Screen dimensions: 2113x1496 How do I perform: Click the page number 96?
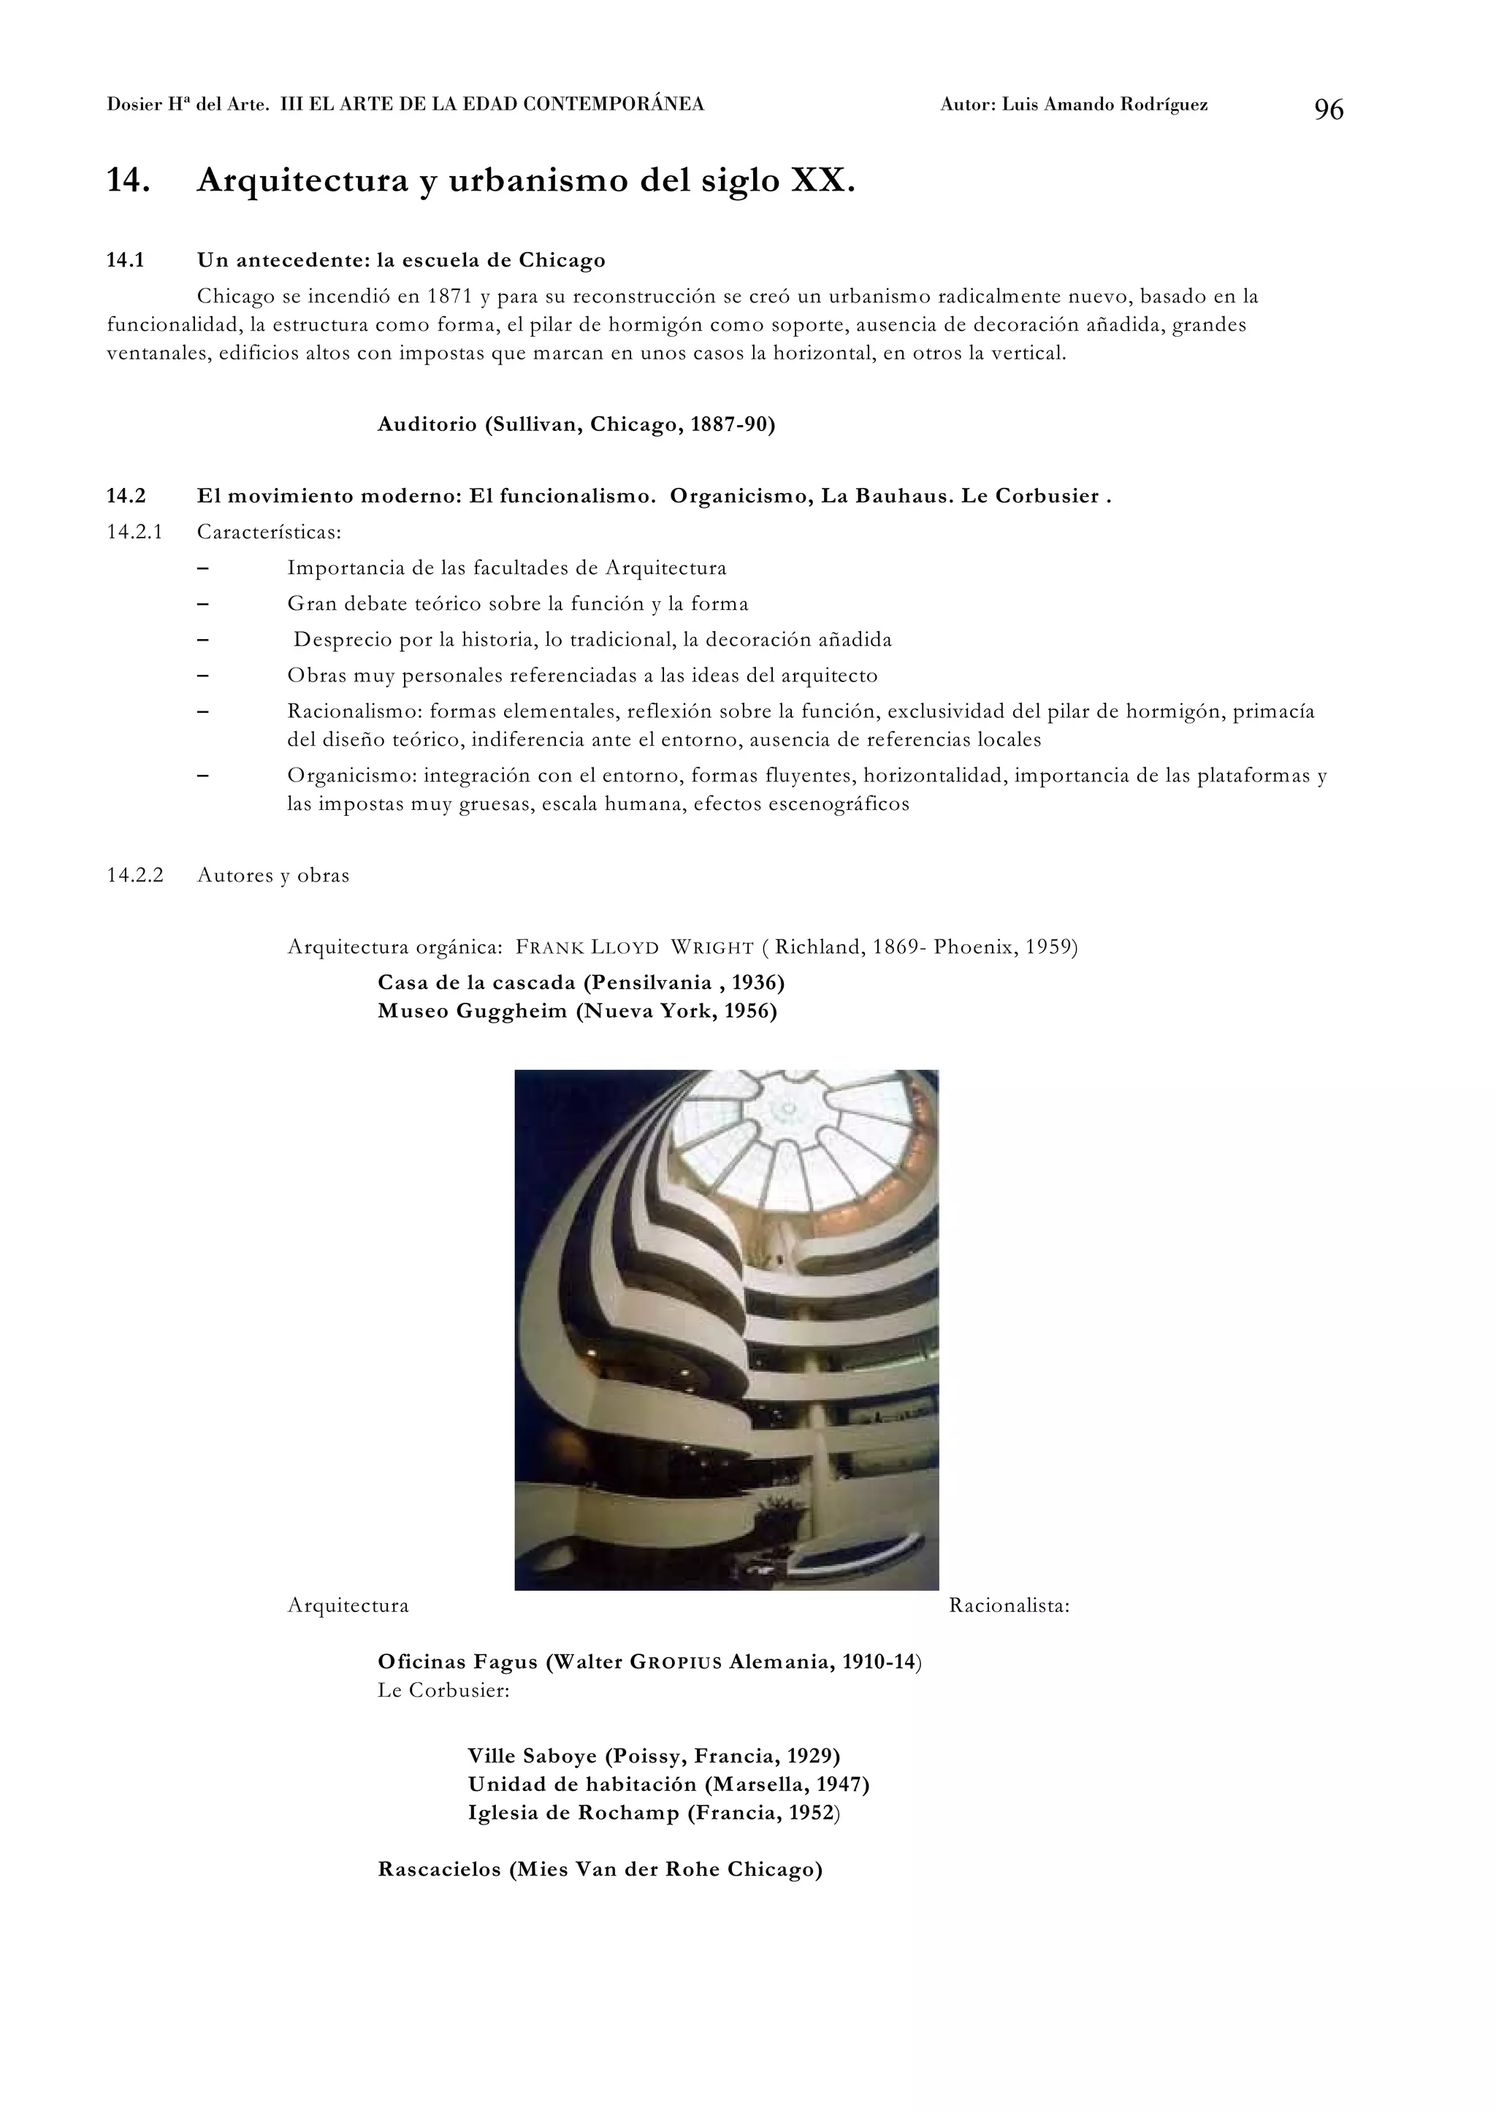pos(1328,110)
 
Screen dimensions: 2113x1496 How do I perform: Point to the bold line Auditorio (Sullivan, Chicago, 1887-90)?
pos(576,424)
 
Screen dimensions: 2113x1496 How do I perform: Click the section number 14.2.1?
pos(134,532)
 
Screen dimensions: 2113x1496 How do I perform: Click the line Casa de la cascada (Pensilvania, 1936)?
pos(580,983)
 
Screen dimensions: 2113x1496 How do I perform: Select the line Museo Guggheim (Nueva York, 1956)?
pos(576,1012)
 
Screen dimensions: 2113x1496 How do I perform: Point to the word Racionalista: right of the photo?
pos(1009,1606)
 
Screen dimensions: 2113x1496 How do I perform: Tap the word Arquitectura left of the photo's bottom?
pos(348,1606)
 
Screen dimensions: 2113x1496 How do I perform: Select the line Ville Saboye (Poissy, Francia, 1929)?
pos(654,1757)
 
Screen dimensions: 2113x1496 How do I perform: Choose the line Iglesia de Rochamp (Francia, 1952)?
pos(654,1814)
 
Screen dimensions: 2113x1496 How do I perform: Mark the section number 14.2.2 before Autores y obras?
pos(135,876)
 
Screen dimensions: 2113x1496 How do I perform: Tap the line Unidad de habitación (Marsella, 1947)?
pos(668,1785)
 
